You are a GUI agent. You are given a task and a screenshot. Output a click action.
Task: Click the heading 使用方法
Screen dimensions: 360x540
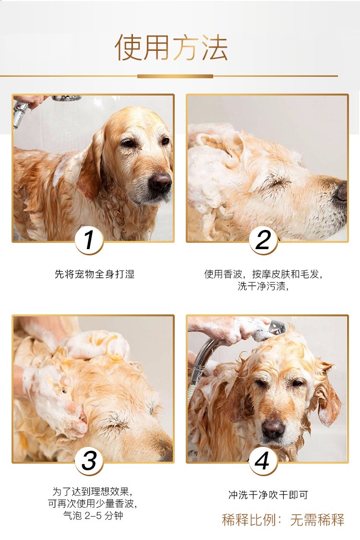click(171, 48)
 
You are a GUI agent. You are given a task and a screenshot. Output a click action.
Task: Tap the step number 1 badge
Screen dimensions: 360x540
click(89, 240)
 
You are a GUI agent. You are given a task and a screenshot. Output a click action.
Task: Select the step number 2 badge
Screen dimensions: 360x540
click(264, 240)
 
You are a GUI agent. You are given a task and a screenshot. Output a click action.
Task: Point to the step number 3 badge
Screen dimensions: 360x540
click(89, 461)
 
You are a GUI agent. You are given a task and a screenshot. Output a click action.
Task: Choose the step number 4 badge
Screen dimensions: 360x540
click(263, 461)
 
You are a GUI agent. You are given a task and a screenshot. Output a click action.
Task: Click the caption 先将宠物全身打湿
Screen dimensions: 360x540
click(95, 274)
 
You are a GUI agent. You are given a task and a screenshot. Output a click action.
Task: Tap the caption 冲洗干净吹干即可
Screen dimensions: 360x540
click(268, 495)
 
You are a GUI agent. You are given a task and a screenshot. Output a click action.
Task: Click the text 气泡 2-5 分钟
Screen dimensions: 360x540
click(93, 516)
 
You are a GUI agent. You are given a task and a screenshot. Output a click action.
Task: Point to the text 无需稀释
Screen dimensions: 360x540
click(317, 520)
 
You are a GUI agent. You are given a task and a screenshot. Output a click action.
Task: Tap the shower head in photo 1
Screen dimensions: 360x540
click(67, 98)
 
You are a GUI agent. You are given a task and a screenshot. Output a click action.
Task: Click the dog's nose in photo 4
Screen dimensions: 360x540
click(274, 428)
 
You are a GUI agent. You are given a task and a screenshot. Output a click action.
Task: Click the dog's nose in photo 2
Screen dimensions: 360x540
click(342, 191)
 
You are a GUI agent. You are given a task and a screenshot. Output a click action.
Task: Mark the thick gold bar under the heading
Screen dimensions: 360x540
click(175, 76)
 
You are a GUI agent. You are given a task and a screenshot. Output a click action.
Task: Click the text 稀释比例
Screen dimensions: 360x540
click(249, 520)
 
